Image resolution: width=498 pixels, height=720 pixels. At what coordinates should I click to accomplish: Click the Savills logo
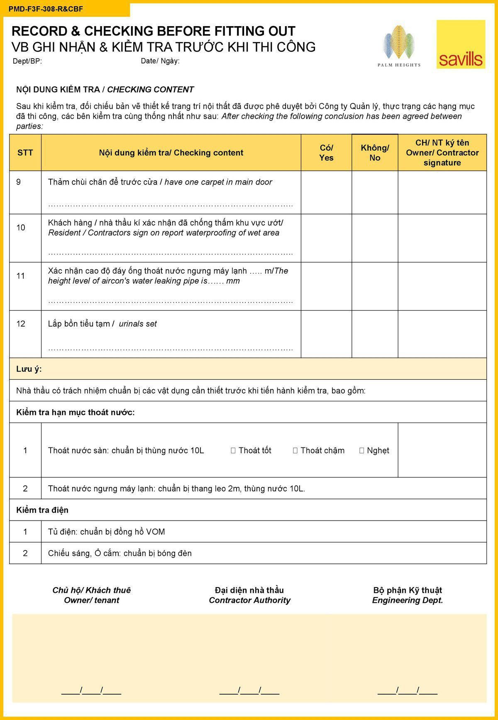[x=461, y=44]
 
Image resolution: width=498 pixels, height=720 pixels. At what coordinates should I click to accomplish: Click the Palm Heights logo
[x=399, y=46]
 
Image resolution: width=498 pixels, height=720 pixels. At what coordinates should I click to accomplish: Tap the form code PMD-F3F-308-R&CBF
[x=46, y=9]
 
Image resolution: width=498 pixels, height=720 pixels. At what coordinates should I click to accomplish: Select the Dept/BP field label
[x=27, y=61]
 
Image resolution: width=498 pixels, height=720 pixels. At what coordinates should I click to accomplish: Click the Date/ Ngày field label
[x=160, y=61]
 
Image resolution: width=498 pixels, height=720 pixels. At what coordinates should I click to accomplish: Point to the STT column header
[x=25, y=152]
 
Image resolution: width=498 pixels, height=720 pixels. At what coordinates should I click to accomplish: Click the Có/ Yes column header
[x=326, y=152]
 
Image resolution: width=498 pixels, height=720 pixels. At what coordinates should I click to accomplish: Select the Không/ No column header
[x=375, y=152]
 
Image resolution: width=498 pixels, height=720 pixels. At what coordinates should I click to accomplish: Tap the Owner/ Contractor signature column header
[x=442, y=152]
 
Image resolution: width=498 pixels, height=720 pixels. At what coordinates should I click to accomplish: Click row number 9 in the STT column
[x=19, y=182]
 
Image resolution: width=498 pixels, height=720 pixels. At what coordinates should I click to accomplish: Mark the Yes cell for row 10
[x=326, y=238]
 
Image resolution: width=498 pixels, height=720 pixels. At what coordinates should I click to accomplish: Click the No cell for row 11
[x=375, y=286]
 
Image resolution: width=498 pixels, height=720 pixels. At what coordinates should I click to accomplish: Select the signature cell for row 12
[x=442, y=334]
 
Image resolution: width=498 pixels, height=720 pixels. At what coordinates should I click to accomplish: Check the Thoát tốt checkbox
[x=233, y=450]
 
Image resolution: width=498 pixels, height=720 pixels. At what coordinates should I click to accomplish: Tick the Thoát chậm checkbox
[x=295, y=450]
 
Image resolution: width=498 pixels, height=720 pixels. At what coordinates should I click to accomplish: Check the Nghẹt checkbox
[x=362, y=450]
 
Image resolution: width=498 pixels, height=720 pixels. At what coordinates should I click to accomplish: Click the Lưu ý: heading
[x=29, y=369]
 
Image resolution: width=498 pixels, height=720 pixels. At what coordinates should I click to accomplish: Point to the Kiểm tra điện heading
[x=42, y=510]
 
